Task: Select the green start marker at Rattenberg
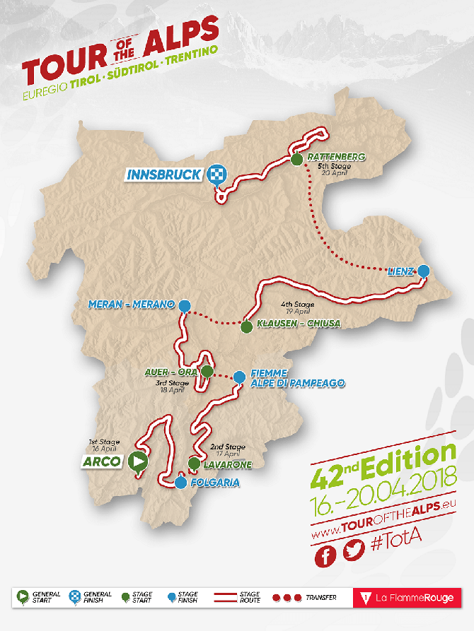pyautogui.click(x=296, y=160)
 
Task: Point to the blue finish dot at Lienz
pyautogui.click(x=423, y=270)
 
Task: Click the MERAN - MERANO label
pyautogui.click(x=132, y=305)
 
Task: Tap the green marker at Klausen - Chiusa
pyautogui.click(x=246, y=327)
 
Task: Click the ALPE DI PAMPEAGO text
pyautogui.click(x=296, y=383)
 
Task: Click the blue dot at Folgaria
pyautogui.click(x=181, y=483)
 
